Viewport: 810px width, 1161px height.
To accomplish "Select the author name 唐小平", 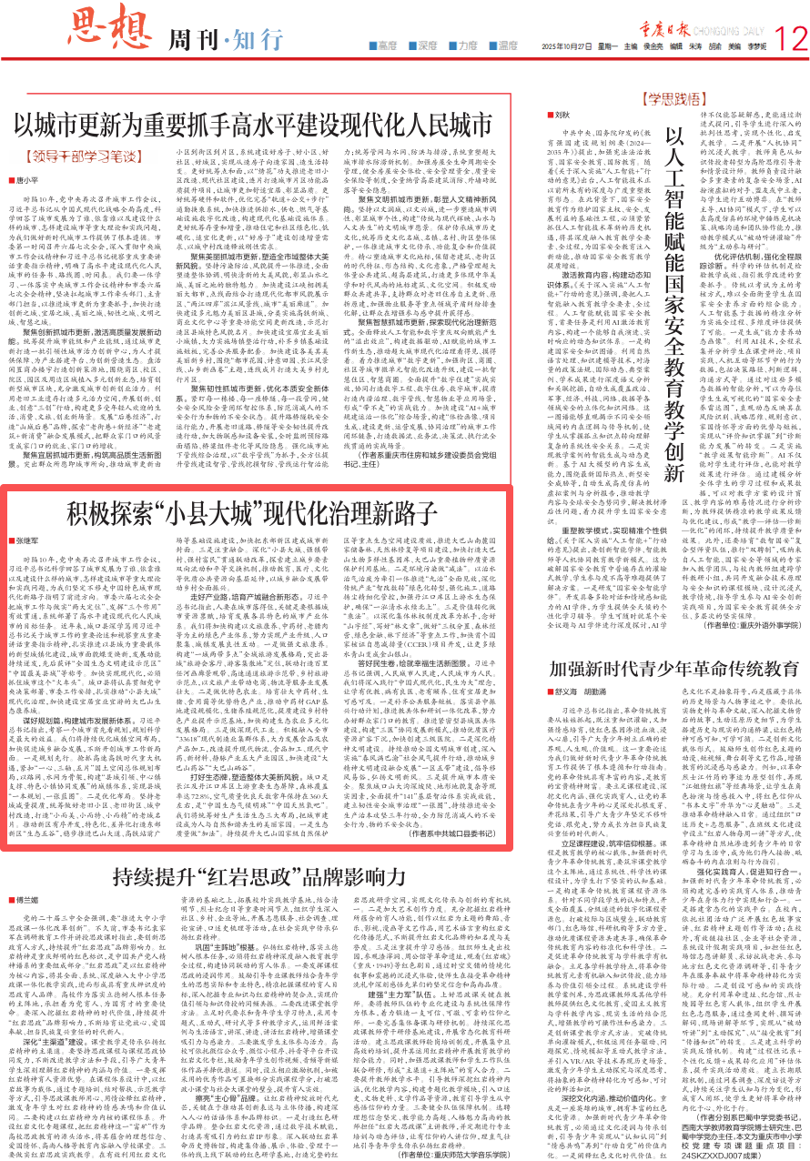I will [x=27, y=181].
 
